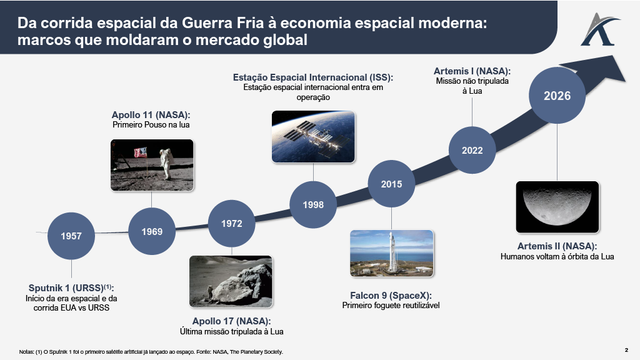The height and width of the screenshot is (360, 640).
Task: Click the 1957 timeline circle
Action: click(71, 236)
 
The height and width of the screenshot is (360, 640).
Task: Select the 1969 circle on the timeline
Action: click(152, 232)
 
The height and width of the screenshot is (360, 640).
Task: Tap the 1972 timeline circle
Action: click(232, 223)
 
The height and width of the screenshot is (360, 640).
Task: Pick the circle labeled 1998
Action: click(313, 204)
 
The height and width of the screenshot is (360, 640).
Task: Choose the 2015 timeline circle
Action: click(392, 184)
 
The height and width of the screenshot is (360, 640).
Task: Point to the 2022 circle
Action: click(472, 151)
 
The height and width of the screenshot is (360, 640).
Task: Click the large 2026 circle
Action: click(556, 96)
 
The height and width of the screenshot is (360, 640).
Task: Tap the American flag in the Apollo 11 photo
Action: click(141, 153)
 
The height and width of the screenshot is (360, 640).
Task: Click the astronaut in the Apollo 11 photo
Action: click(166, 164)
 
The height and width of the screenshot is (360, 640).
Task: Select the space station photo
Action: click(314, 137)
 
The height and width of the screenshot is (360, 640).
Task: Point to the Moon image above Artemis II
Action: click(557, 207)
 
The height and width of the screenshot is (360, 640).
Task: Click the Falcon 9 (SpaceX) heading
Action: click(391, 295)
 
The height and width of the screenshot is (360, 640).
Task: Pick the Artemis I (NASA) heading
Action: click(472, 71)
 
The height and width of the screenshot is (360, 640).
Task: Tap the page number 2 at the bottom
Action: click(626, 350)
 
